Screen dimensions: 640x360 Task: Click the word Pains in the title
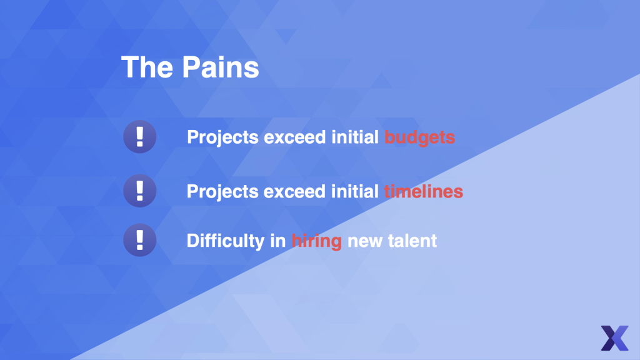[221, 67]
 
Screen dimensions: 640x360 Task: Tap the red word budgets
[419, 137]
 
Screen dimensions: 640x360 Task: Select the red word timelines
[423, 191]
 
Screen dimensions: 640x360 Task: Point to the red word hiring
[317, 241]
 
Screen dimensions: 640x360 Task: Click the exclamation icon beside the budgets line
[139, 137]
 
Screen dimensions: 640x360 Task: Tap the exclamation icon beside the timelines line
[139, 191]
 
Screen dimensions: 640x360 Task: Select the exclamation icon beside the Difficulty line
[139, 240]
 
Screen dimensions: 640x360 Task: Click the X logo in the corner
[614, 338]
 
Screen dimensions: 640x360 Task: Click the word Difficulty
[226, 241]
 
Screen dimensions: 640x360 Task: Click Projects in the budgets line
[222, 137]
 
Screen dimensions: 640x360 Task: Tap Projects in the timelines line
[222, 192]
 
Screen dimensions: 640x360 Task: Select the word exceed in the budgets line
[295, 137]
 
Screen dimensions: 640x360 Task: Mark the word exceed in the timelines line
[295, 192]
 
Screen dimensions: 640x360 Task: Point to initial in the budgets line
[355, 137]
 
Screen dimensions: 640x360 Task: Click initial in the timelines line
[355, 191]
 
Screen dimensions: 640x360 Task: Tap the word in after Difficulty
[278, 241]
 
